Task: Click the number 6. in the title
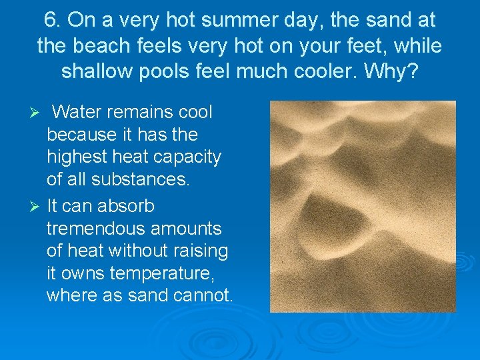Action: click(53, 20)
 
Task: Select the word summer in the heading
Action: click(231, 20)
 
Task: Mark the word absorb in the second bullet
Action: click(127, 205)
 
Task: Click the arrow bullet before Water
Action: click(37, 111)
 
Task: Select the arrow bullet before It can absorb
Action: click(37, 206)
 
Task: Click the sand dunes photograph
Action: click(363, 207)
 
